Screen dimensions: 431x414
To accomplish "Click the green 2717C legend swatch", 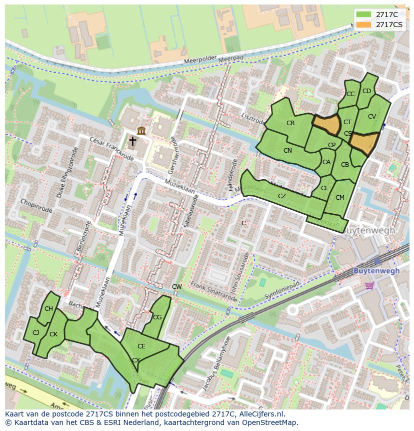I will point(364,15).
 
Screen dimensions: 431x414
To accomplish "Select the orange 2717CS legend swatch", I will point(364,24).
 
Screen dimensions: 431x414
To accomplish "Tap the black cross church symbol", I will point(132,142).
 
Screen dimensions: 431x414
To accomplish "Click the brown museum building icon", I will point(141,131).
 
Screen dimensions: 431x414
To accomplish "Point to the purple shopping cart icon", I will point(369,285).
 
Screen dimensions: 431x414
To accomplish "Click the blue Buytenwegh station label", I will point(376,271).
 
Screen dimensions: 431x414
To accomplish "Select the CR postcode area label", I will point(290,123).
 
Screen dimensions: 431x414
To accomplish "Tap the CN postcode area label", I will point(287,151).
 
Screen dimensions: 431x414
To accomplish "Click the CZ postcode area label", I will point(282,196).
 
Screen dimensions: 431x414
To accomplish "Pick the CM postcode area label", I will point(340,198).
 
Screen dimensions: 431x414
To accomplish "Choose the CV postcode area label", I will point(371,117).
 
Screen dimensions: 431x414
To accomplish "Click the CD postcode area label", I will point(366,91).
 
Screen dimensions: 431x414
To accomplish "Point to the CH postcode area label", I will point(48,309).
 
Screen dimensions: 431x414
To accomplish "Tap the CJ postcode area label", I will point(35,333).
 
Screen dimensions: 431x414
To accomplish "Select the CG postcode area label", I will point(157,317).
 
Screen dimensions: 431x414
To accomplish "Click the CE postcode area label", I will point(141,346).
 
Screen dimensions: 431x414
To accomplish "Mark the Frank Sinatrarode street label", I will point(213,292).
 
